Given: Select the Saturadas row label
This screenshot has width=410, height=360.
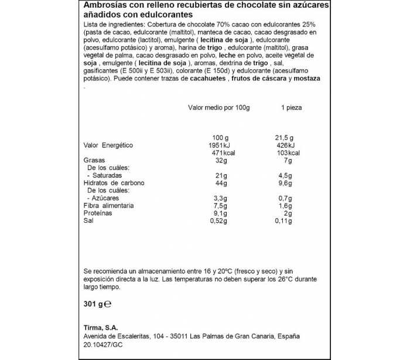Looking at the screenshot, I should coord(108,175).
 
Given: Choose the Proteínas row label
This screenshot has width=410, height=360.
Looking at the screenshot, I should coord(98,213).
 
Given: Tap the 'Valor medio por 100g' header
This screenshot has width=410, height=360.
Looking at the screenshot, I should coord(218,108).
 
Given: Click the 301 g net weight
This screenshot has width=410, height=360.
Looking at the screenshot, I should coord(93,304).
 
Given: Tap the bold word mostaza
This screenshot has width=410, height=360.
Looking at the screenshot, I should coord(306,79).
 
